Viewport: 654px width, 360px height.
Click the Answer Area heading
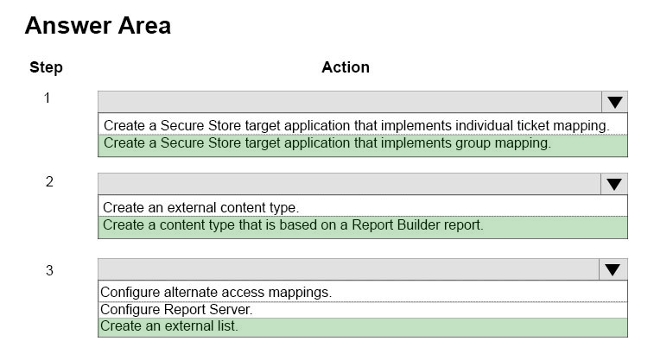[x=98, y=26]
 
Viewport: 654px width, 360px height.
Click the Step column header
[x=46, y=67]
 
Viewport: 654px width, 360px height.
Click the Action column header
[x=346, y=67]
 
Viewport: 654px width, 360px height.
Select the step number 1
[x=48, y=98]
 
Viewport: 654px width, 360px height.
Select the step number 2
[x=49, y=181]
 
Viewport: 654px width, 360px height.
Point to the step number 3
[x=49, y=270]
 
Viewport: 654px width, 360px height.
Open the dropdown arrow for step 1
[x=615, y=102]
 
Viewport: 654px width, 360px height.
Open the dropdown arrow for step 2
[x=614, y=184]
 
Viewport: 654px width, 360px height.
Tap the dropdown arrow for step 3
[x=613, y=269]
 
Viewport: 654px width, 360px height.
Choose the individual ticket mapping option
[x=357, y=125]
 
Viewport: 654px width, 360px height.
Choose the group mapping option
[x=327, y=143]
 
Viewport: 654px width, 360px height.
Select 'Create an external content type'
[x=201, y=207]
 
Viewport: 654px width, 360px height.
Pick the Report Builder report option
[x=293, y=225]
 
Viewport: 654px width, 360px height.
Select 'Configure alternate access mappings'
[x=216, y=292]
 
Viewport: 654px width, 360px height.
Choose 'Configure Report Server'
[x=176, y=310]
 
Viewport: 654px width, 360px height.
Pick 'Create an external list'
[x=169, y=325]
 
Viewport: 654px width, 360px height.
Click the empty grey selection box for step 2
[x=350, y=184]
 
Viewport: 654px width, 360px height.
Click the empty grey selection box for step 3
[x=349, y=269]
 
